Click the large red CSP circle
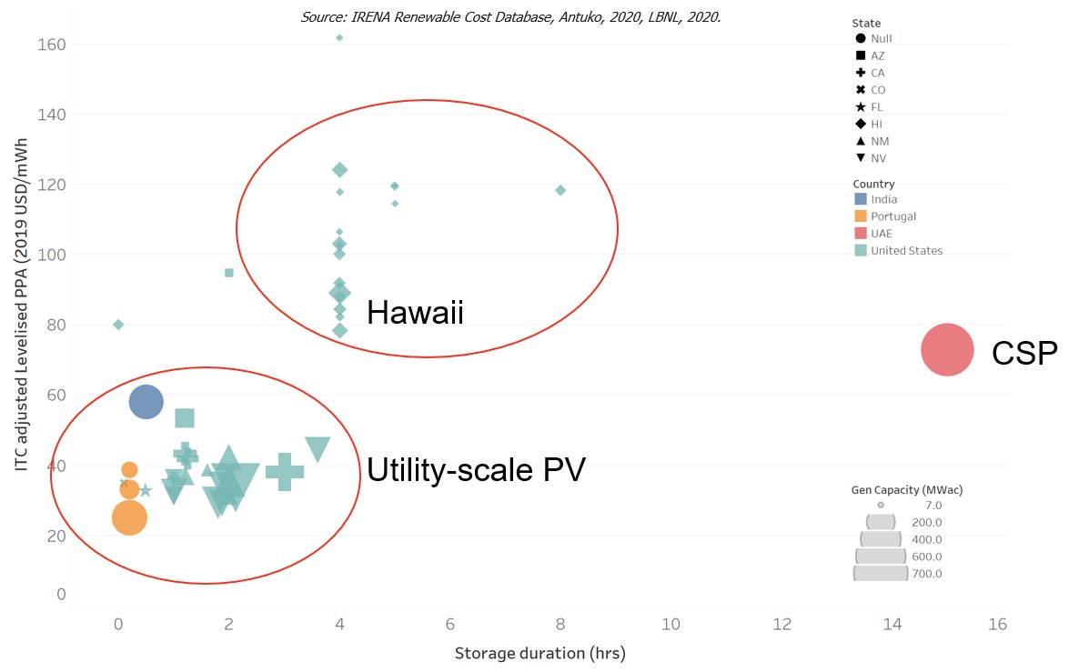(x=947, y=349)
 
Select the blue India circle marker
(x=146, y=401)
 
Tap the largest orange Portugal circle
(x=129, y=517)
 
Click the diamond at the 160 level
(x=339, y=38)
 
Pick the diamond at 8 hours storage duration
(x=560, y=190)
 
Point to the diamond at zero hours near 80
(x=118, y=325)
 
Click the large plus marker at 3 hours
(x=284, y=471)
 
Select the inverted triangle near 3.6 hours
(x=318, y=448)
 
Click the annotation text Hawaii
(x=415, y=314)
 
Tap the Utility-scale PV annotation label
(x=476, y=470)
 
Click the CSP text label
(x=1024, y=354)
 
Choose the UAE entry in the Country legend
(x=881, y=234)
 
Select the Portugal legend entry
(x=892, y=216)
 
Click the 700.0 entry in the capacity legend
(x=927, y=574)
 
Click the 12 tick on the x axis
(x=781, y=625)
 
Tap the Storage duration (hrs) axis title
(x=539, y=654)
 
